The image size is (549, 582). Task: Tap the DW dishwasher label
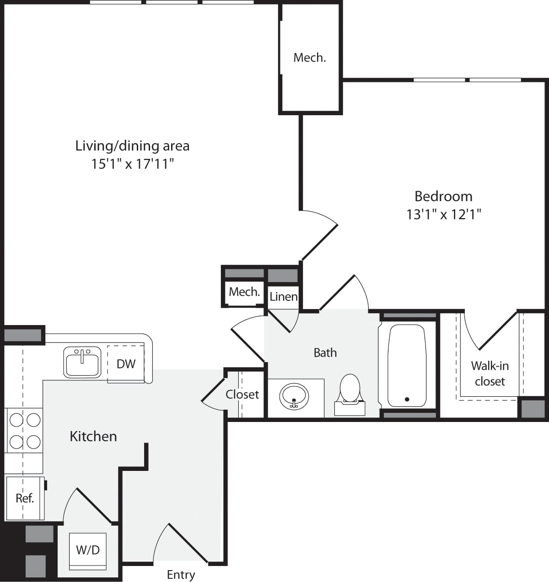(126, 364)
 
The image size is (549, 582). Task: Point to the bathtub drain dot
(407, 399)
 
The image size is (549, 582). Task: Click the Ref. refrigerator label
(25, 498)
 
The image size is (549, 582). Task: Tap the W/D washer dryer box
(88, 550)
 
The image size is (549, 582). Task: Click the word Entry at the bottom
(181, 575)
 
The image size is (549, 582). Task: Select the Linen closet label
(283, 297)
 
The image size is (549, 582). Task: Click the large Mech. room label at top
(310, 58)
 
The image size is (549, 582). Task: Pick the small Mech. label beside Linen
(244, 292)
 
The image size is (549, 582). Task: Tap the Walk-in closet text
(490, 374)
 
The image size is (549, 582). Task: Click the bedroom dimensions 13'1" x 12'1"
(444, 214)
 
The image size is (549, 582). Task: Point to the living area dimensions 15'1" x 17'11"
(133, 164)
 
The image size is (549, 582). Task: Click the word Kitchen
(93, 436)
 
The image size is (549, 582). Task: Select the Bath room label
(325, 352)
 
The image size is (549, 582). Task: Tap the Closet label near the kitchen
(242, 394)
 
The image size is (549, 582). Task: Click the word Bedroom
(443, 196)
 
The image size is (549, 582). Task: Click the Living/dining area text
(132, 146)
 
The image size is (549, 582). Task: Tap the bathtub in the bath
(407, 366)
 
